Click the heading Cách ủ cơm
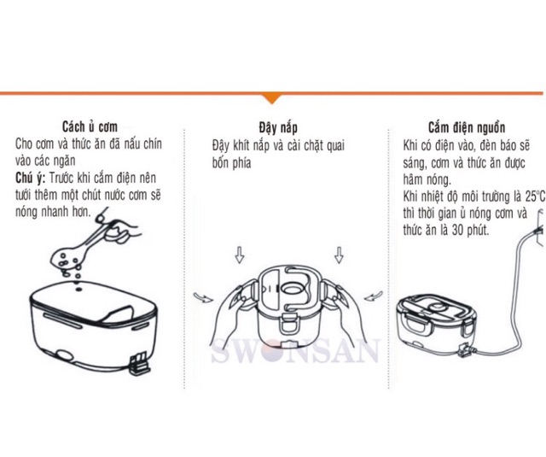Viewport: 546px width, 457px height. tap(90, 127)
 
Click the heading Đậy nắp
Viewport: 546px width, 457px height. tap(278, 128)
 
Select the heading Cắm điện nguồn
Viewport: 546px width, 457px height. tap(467, 128)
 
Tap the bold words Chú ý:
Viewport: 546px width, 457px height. tap(31, 179)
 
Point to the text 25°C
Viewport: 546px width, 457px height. tap(536, 196)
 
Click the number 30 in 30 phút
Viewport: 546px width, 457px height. tap(458, 231)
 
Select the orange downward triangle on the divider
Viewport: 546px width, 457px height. tap(273, 99)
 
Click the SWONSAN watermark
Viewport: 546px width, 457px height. tap(294, 350)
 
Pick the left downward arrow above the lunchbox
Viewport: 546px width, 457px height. tap(239, 255)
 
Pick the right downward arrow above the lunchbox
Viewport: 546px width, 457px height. tap(339, 255)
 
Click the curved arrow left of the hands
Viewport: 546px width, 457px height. tap(203, 297)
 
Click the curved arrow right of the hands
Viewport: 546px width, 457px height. tap(374, 296)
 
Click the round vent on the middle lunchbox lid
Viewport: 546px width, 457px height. tap(292, 289)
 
